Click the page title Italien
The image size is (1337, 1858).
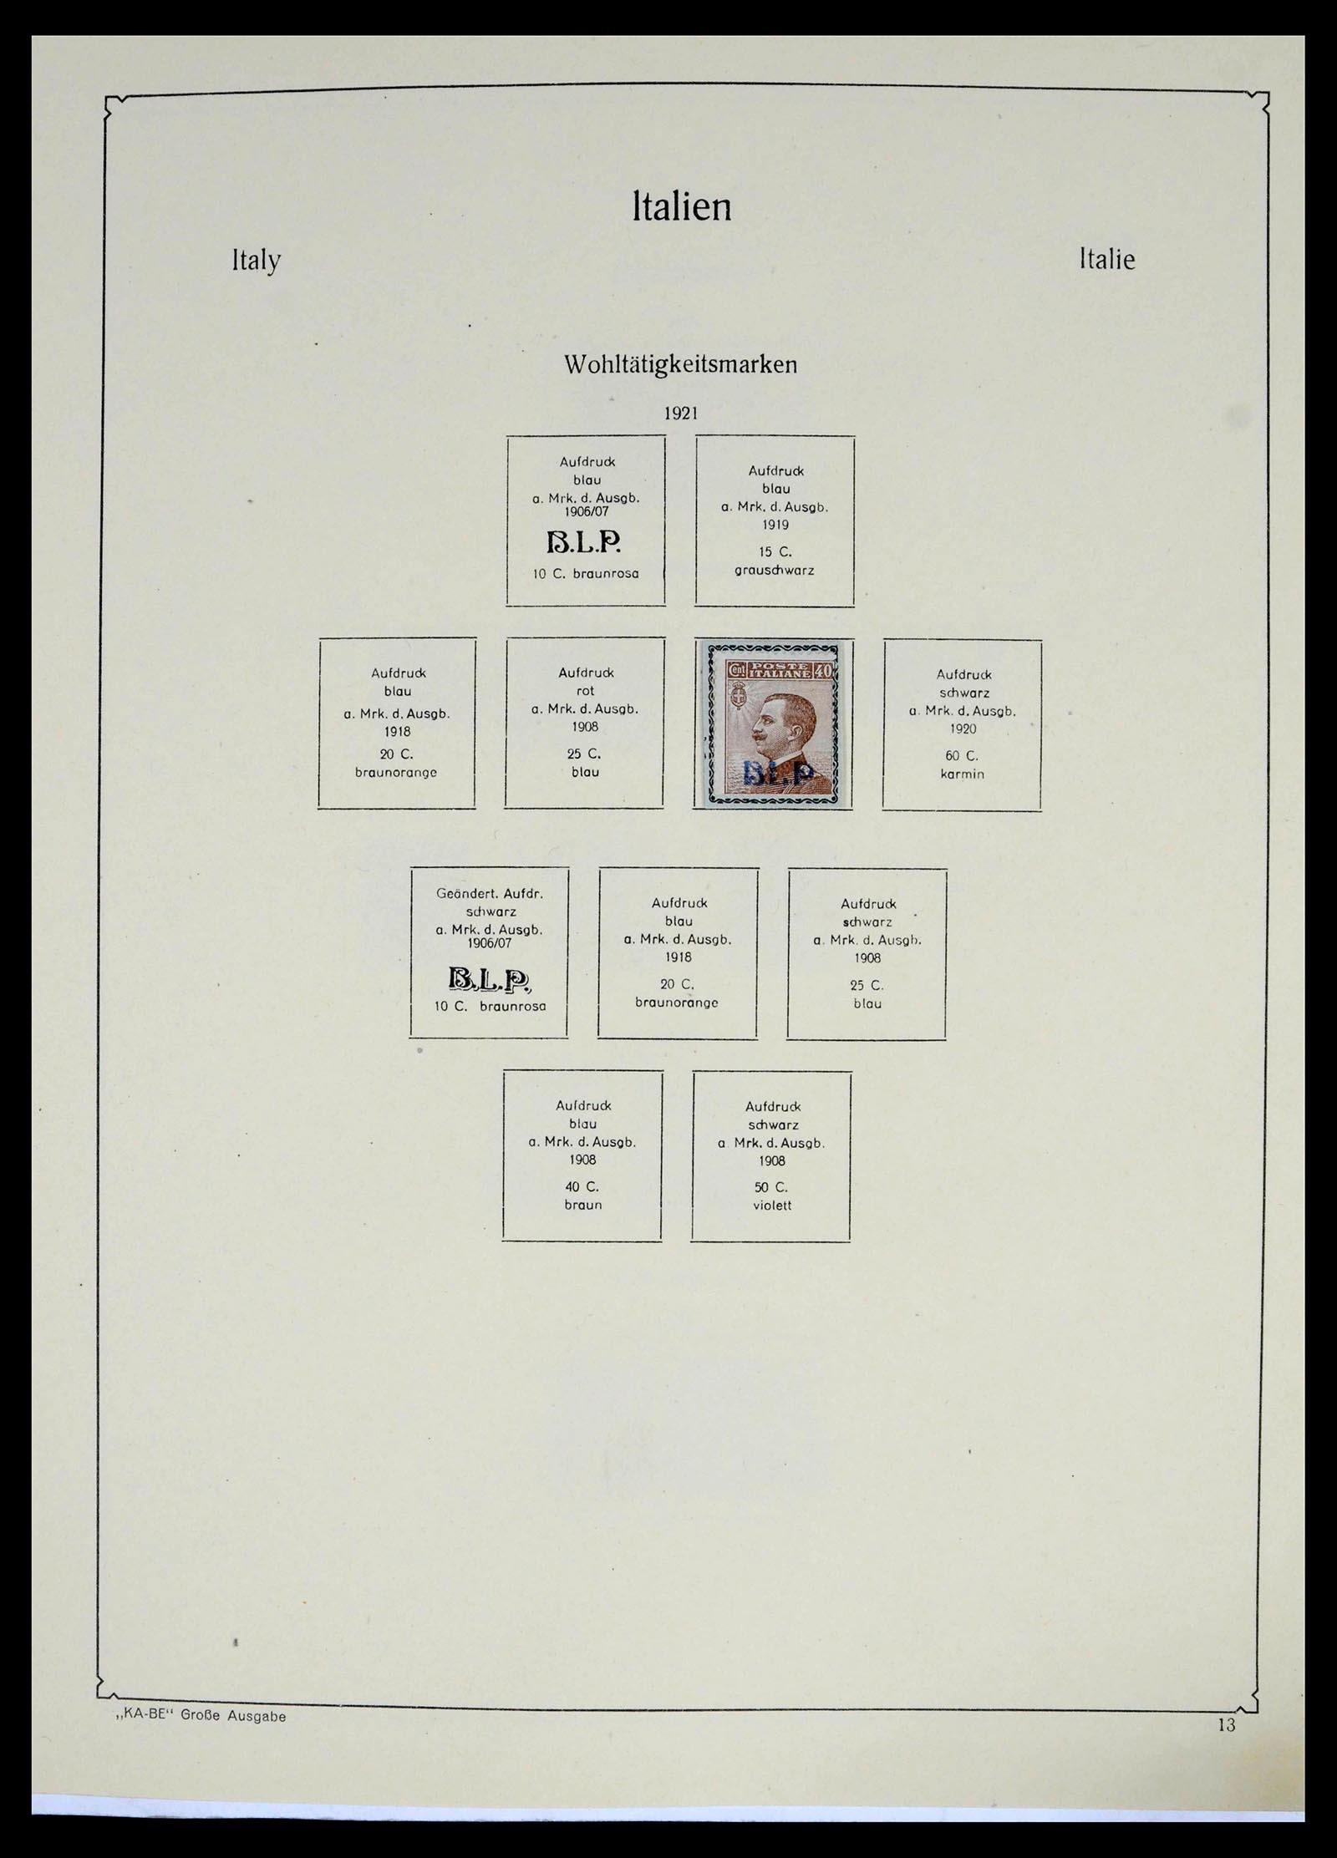click(682, 207)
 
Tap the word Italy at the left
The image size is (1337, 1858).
click(256, 261)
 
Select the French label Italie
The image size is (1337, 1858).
click(1106, 260)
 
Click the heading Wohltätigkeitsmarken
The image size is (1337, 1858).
click(680, 365)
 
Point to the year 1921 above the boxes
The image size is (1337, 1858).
click(680, 414)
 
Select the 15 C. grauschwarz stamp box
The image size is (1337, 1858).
click(775, 520)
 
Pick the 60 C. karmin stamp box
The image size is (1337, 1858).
click(962, 724)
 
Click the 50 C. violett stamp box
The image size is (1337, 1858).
click(771, 1156)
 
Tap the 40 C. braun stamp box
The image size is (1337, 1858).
click(582, 1155)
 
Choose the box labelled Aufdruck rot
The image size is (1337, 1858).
click(585, 723)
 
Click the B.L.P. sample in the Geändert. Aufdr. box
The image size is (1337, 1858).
click(489, 979)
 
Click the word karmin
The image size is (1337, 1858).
click(962, 774)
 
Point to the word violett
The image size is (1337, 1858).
click(771, 1206)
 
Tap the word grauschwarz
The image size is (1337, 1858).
click(775, 571)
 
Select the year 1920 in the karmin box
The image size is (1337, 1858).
click(962, 729)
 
